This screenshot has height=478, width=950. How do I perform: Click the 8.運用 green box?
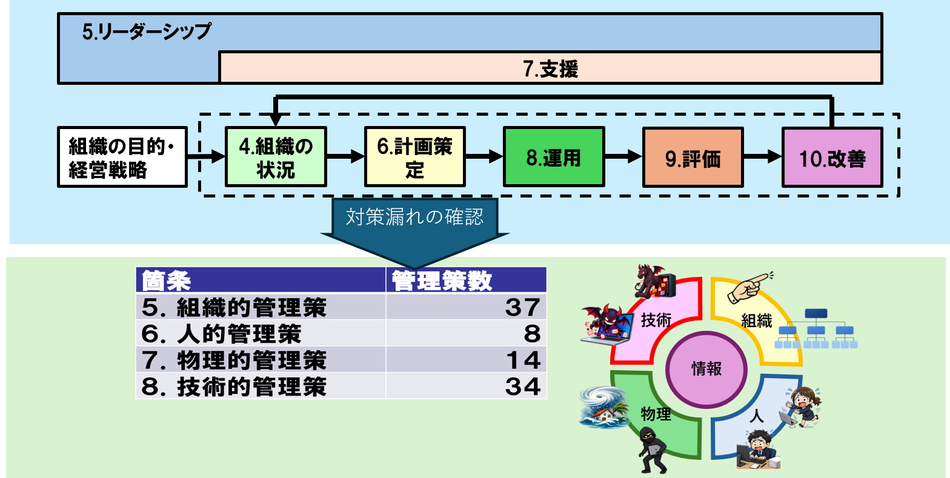click(x=554, y=157)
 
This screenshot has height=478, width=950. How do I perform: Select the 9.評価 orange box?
click(x=693, y=157)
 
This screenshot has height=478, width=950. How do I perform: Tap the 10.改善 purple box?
click(x=832, y=157)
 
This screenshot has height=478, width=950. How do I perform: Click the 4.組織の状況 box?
click(x=276, y=157)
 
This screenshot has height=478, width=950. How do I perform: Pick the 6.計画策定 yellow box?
click(x=415, y=157)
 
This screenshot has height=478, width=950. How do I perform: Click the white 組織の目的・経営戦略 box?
click(x=122, y=157)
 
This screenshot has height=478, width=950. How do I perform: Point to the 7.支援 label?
click(x=551, y=68)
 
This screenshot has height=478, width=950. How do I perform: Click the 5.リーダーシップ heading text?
click(x=147, y=32)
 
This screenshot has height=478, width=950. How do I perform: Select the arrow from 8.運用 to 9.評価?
click(x=623, y=156)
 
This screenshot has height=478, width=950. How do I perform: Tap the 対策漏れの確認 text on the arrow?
click(x=414, y=217)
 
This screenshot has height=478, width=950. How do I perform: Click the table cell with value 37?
click(x=466, y=306)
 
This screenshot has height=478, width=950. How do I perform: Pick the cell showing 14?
click(x=466, y=360)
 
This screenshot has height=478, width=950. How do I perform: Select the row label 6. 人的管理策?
click(x=221, y=333)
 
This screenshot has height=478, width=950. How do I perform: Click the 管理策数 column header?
click(x=442, y=280)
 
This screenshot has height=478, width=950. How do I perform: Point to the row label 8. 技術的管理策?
click(x=234, y=387)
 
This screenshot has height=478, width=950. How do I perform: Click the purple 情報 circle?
click(x=706, y=369)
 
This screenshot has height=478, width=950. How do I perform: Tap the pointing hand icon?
click(x=750, y=288)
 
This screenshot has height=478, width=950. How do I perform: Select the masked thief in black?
click(x=653, y=450)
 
